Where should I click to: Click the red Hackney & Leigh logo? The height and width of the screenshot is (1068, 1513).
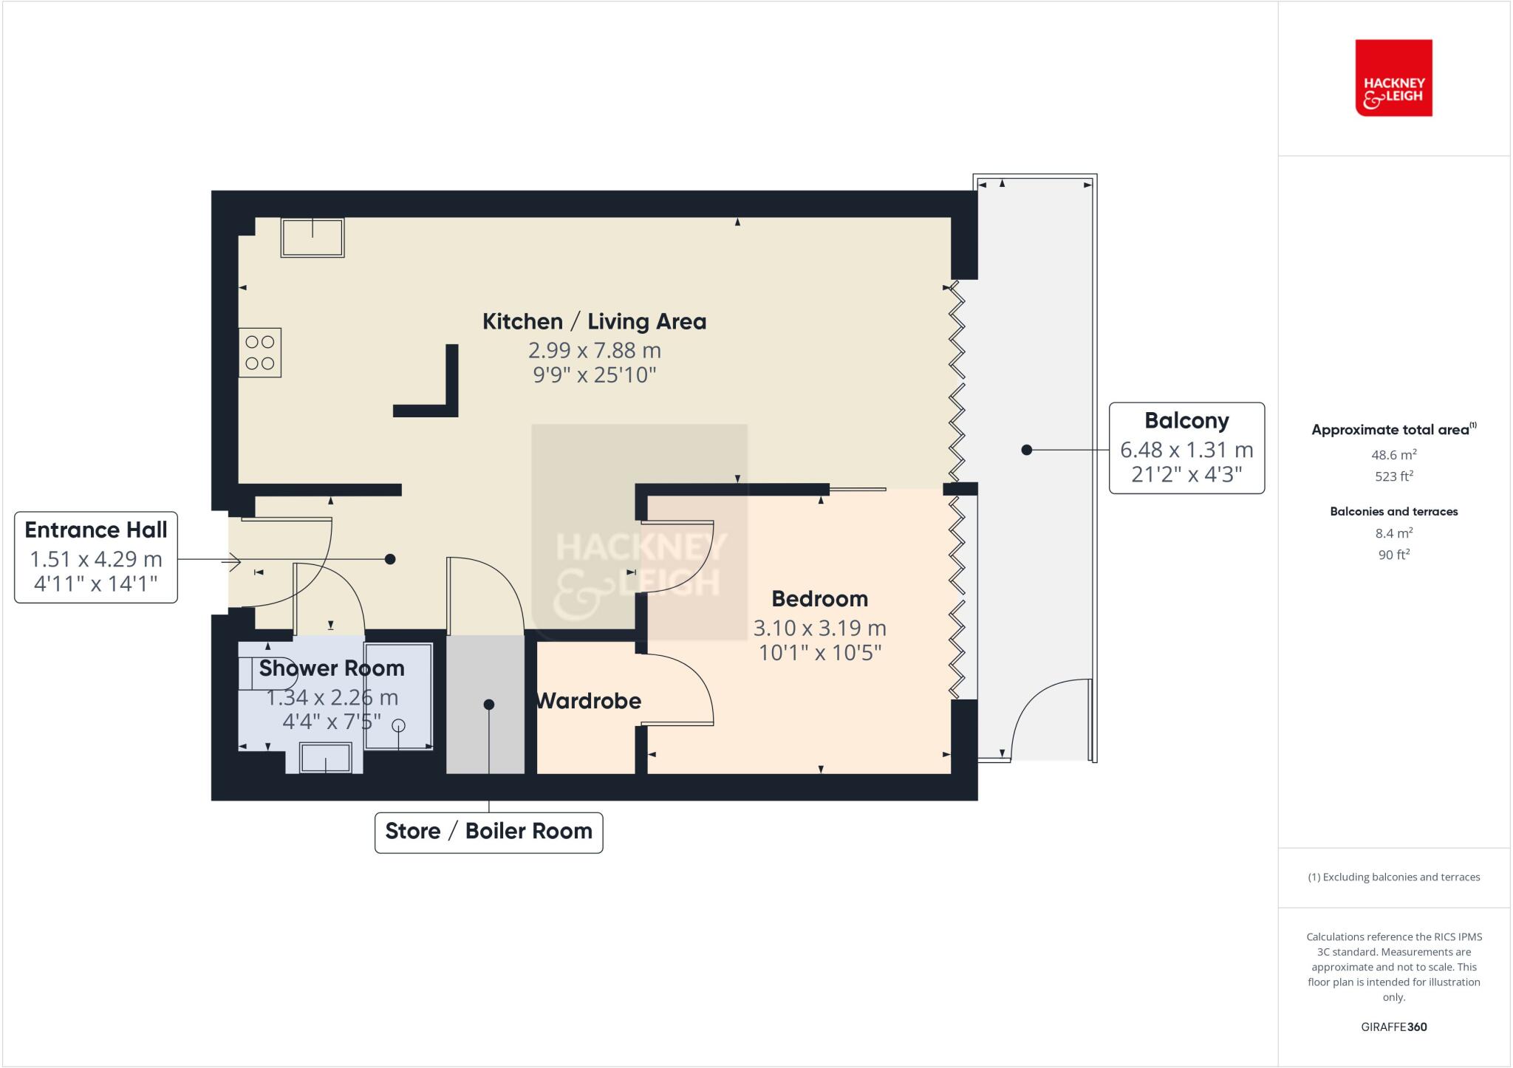click(1393, 78)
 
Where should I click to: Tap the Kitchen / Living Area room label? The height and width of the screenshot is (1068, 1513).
click(594, 321)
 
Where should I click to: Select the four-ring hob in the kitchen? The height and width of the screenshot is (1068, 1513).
click(260, 352)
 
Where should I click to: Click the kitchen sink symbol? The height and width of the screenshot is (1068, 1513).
click(312, 237)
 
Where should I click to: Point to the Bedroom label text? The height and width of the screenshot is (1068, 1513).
click(819, 598)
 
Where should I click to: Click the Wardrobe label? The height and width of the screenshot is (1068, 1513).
click(588, 701)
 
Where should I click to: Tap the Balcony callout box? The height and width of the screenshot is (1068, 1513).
click(1186, 448)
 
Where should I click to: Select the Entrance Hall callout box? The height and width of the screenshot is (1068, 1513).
click(96, 557)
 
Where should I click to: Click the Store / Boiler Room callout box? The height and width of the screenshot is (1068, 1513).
click(488, 832)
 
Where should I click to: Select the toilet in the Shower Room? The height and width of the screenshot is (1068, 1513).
click(266, 673)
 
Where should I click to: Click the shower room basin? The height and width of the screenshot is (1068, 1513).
click(325, 758)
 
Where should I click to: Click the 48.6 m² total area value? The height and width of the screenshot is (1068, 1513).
click(1393, 455)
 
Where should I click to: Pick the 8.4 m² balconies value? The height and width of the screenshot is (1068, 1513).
click(1393, 533)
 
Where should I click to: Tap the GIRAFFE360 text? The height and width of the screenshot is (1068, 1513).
click(1393, 1027)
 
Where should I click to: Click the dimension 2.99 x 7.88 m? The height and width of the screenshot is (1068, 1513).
click(594, 350)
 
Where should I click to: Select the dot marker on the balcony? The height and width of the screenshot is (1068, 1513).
click(1026, 450)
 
